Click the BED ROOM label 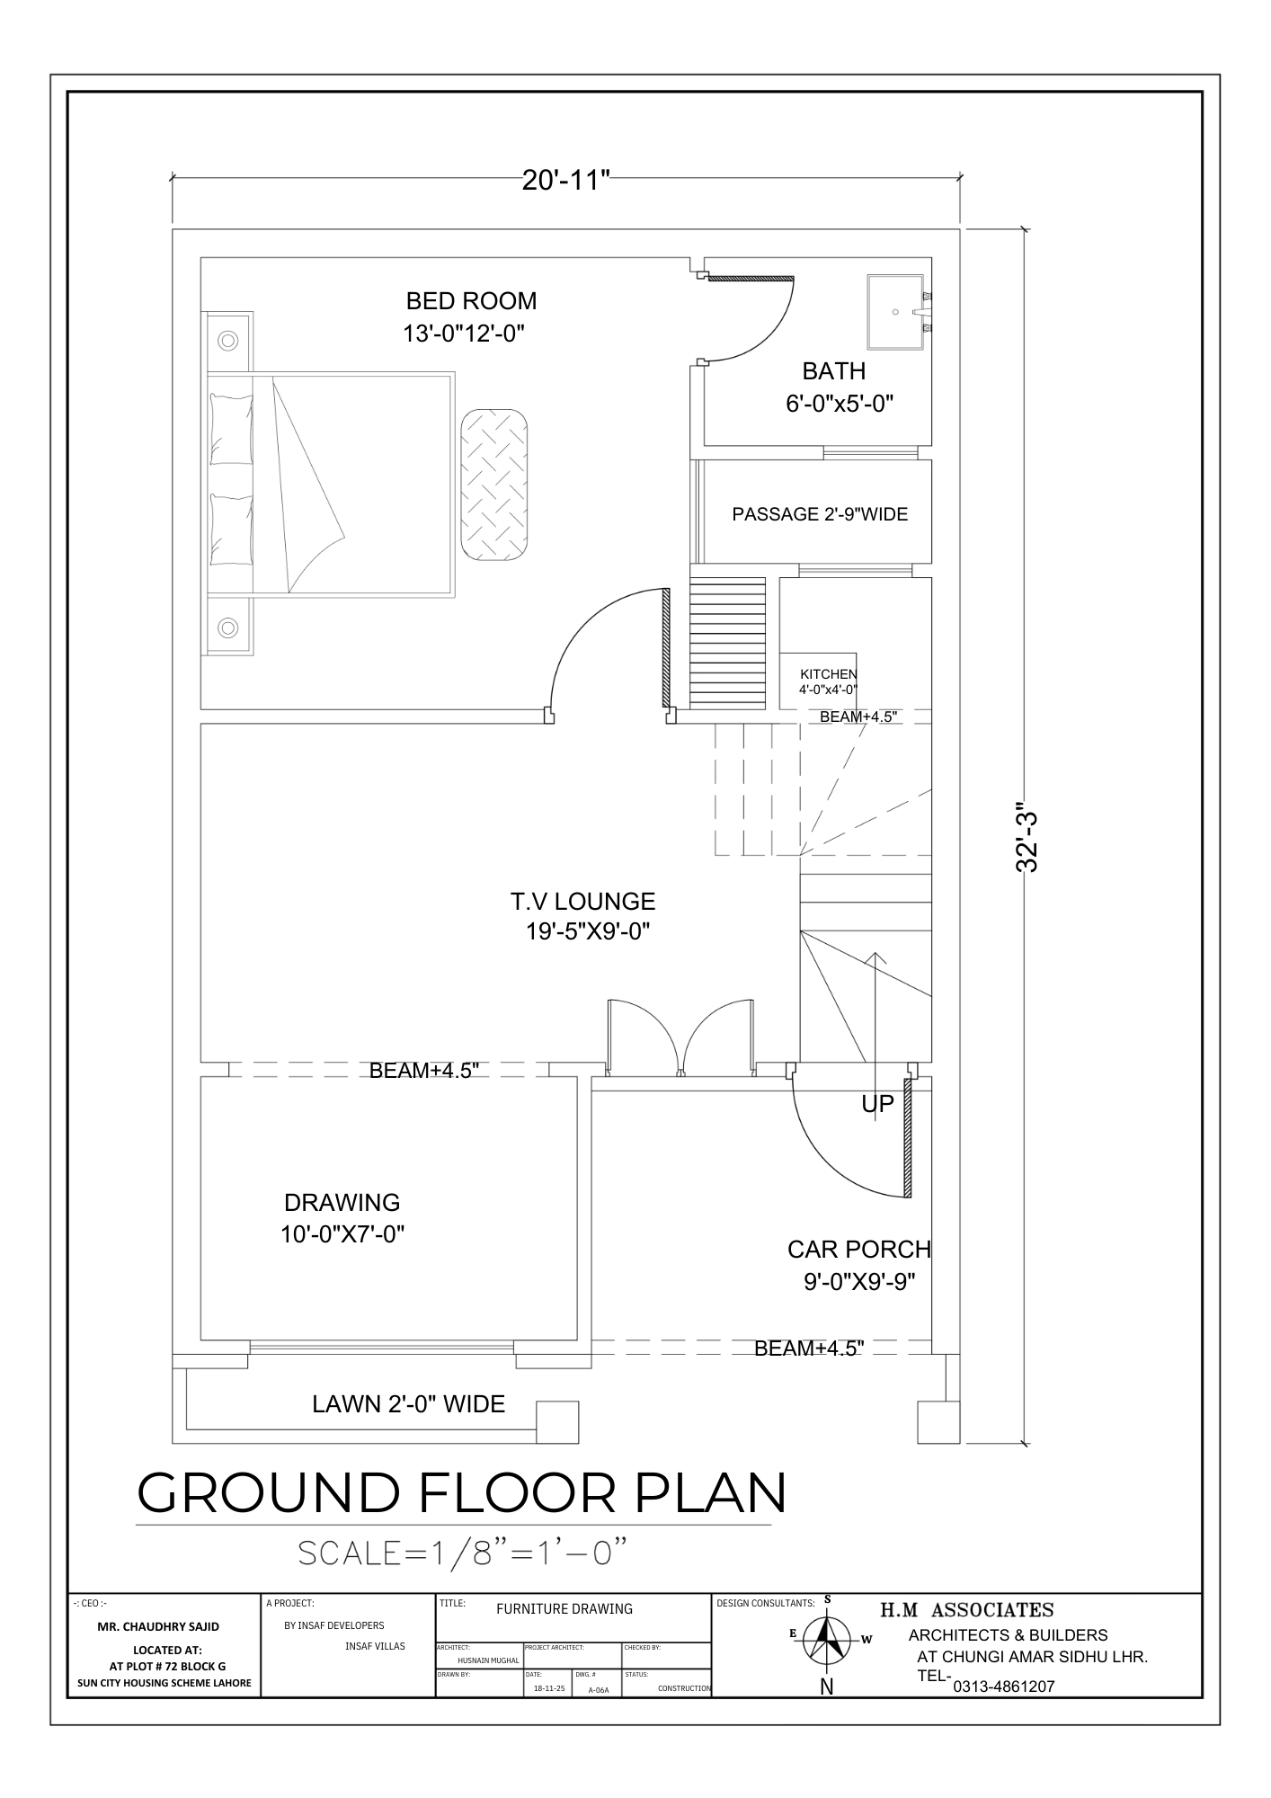[x=471, y=300]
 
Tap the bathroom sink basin [x=895, y=311]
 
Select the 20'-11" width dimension [x=566, y=180]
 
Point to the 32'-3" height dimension [x=1027, y=836]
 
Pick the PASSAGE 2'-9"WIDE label [x=820, y=514]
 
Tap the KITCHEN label [x=829, y=674]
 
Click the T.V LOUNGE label [x=582, y=901]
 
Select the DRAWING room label [x=342, y=1202]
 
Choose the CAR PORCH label [x=859, y=1249]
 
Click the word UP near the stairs [x=878, y=1104]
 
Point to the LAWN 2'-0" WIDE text [x=408, y=1403]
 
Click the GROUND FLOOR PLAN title [x=462, y=1493]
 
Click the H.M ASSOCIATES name [x=966, y=1610]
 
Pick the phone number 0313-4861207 [x=1003, y=1687]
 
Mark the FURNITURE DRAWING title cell [x=564, y=1609]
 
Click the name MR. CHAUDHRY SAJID [x=158, y=1626]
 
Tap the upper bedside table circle [x=228, y=341]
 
